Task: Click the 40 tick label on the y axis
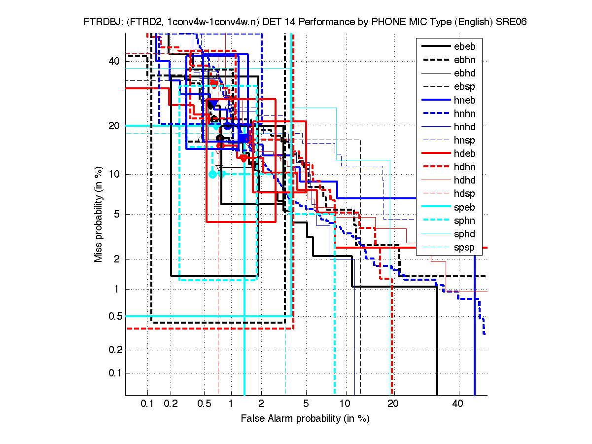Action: click(x=114, y=61)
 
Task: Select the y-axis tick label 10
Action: click(x=114, y=174)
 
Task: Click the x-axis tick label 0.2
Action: click(x=171, y=404)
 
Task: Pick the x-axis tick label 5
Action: click(x=306, y=404)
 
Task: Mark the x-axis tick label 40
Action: click(x=458, y=404)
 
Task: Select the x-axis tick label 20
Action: click(x=392, y=404)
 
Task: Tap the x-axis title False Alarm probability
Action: click(x=305, y=419)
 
